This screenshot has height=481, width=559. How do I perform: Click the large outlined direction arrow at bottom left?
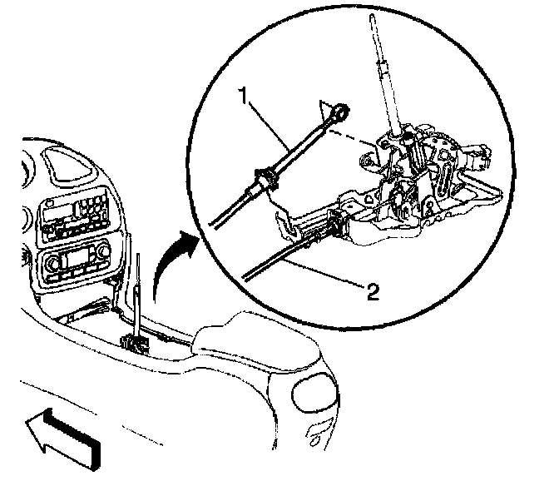click(62, 433)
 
